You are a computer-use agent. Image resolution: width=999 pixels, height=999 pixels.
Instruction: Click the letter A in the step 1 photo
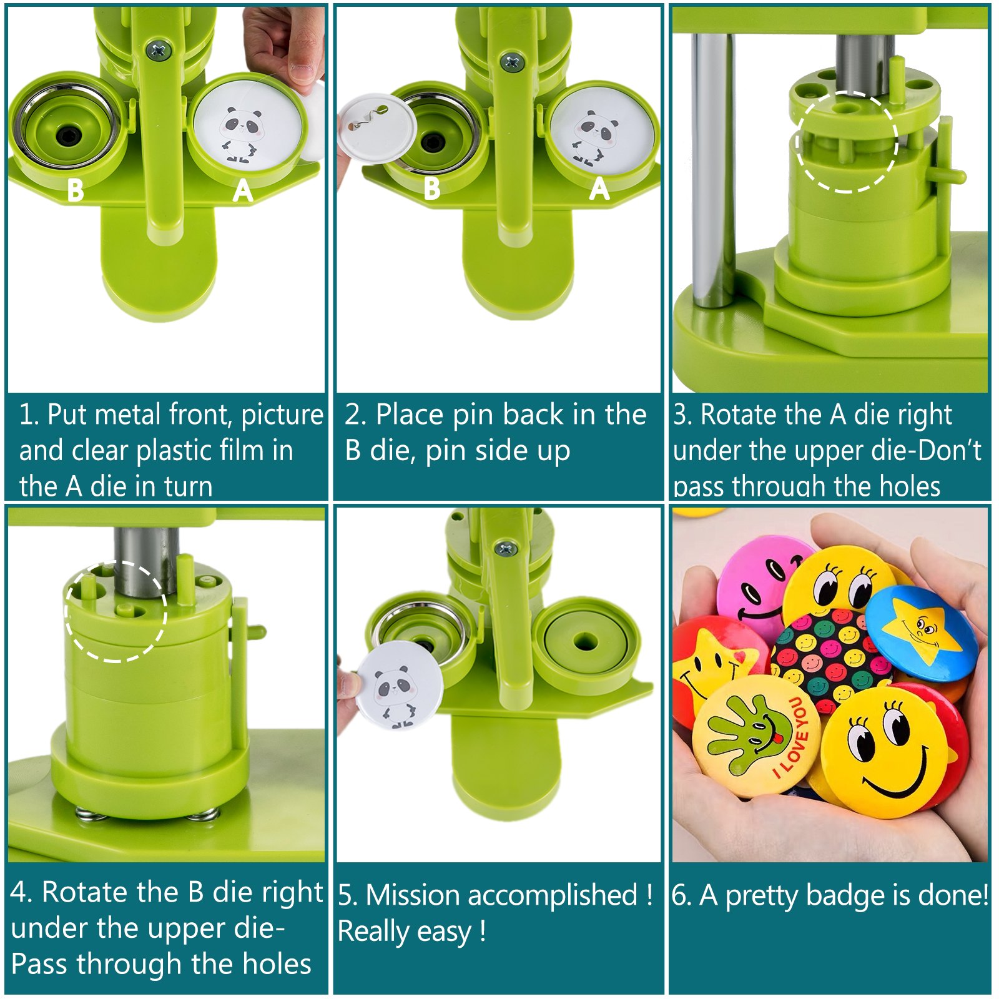243,190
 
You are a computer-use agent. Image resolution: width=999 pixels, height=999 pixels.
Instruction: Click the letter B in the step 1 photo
75,190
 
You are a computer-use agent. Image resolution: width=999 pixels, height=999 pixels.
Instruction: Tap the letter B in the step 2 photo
431,189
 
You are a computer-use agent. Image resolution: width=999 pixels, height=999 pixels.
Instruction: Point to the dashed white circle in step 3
847,142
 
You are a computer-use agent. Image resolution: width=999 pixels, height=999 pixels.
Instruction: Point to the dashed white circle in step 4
116,611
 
